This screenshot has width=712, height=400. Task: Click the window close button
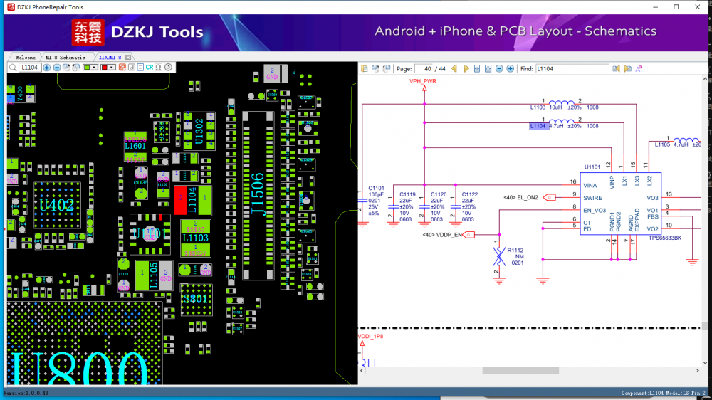coord(696,7)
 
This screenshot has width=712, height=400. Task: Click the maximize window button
coord(676,7)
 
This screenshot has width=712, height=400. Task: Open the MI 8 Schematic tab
coord(66,57)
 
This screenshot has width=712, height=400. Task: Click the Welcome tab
coord(25,57)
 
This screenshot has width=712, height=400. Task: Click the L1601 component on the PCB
coord(135,146)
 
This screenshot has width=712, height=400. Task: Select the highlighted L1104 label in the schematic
coord(538,126)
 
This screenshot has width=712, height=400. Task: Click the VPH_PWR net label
coord(423,82)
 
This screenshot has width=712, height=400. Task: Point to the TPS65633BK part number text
coord(664,238)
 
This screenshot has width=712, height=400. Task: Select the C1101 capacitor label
coord(376,189)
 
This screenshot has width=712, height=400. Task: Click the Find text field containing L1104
coord(571,69)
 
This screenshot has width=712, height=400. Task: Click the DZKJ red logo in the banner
coord(88,32)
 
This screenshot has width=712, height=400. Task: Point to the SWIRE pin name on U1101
coord(593,197)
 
